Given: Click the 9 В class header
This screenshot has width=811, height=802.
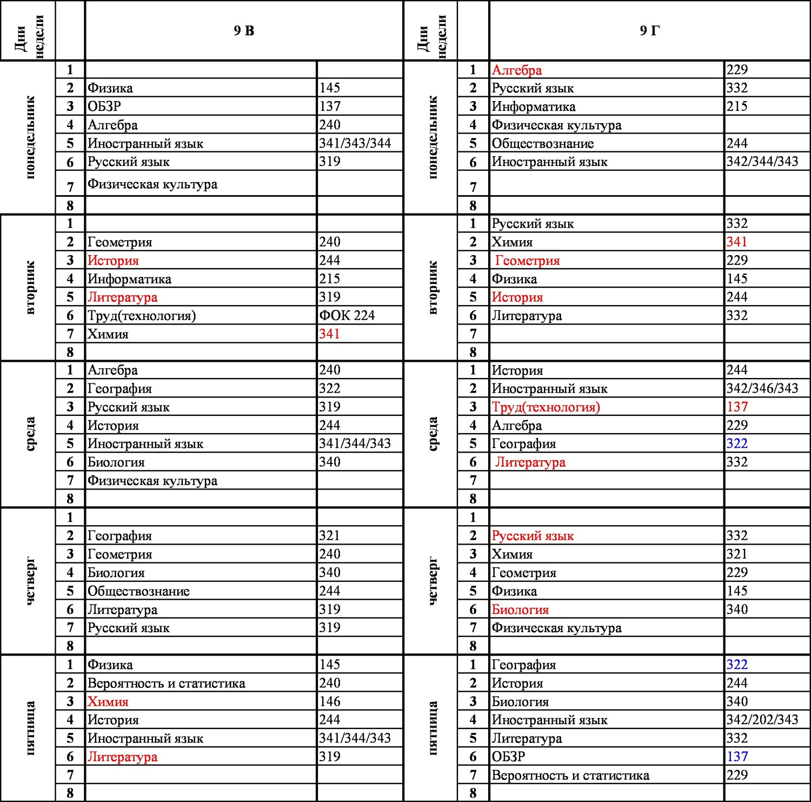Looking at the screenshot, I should tap(244, 31).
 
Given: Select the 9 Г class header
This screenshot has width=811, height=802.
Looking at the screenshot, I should tap(649, 31).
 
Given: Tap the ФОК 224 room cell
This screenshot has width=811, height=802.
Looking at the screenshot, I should tap(347, 315).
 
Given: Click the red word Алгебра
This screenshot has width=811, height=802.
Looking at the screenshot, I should tap(517, 70).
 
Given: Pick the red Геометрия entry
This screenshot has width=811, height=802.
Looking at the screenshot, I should tap(527, 261).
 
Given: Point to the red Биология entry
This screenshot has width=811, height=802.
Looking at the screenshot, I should tap(520, 609).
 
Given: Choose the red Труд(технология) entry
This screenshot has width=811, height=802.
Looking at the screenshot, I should tap(546, 407).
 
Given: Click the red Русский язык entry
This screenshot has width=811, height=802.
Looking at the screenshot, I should tap(533, 536).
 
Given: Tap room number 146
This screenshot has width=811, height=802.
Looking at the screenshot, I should tap(330, 701).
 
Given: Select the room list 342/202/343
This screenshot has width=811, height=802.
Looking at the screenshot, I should tap(762, 720).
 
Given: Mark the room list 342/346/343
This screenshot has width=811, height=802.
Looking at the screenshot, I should tap(762, 388).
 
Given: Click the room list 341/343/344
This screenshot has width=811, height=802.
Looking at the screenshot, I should tap(355, 143).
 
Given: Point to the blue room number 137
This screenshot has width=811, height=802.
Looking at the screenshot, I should tap(737, 757).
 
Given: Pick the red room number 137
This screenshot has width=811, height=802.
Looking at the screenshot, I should tap(737, 407).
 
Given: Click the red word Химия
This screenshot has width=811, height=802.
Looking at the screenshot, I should tap(108, 702).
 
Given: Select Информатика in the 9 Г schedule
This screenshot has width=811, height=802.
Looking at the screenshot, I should tap(534, 107).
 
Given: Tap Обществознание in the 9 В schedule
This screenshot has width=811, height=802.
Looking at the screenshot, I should tap(138, 591).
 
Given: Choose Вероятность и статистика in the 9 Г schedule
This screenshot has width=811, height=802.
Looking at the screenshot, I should tap(570, 776).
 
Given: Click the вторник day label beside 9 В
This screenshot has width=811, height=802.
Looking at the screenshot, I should tap(30, 288).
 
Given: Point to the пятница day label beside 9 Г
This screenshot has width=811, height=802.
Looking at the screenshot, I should tap(433, 728).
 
